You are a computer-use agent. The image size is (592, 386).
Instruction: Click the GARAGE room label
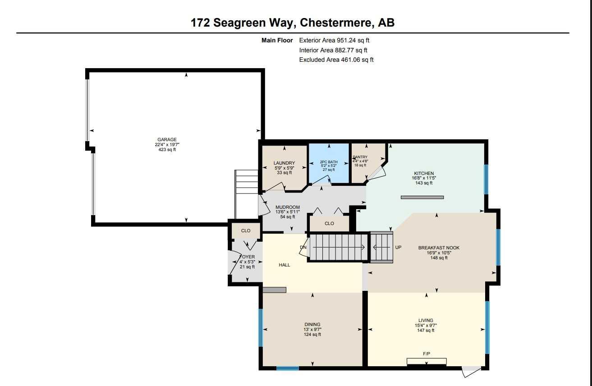point(167,139)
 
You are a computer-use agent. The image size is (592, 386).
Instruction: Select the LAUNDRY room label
point(284,163)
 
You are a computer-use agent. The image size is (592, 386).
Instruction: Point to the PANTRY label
point(360,157)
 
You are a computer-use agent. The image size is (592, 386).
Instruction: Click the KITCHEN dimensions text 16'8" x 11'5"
point(424,178)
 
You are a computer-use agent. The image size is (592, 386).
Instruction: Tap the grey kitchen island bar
point(422,197)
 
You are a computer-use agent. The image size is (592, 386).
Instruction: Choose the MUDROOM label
point(288,207)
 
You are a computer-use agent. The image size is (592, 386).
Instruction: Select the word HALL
point(285,265)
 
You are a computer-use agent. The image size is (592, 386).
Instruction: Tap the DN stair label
point(303,247)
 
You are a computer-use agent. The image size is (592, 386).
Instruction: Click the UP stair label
point(398,247)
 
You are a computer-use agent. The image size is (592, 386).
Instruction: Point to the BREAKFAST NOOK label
point(439,248)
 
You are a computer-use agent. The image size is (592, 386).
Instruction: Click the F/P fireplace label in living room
point(427,354)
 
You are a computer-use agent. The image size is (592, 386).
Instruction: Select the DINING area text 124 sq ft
point(312,335)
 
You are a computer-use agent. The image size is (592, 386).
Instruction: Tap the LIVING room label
point(426,321)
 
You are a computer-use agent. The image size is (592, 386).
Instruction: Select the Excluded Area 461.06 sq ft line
point(336,60)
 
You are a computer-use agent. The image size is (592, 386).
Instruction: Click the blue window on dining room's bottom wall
point(287,368)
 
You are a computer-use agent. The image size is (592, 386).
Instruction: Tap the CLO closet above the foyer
point(246,231)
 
